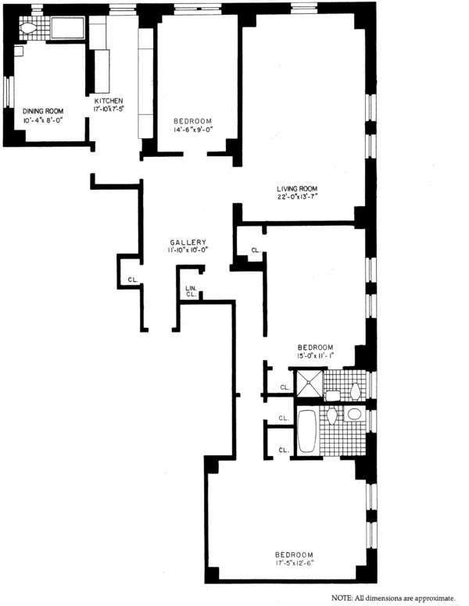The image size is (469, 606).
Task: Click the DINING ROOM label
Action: [43, 111]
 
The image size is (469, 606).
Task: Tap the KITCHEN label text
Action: [109, 102]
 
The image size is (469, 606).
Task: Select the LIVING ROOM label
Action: [296, 189]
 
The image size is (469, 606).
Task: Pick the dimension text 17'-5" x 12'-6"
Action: [296, 562]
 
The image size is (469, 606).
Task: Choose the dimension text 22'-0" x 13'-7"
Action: [296, 198]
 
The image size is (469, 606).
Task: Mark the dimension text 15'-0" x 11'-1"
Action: [315, 357]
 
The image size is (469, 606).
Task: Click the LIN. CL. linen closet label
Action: [191, 291]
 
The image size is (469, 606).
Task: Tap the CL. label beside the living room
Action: [256, 251]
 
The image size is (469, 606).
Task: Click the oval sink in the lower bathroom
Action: [353, 414]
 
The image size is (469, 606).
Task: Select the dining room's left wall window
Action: [7, 91]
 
